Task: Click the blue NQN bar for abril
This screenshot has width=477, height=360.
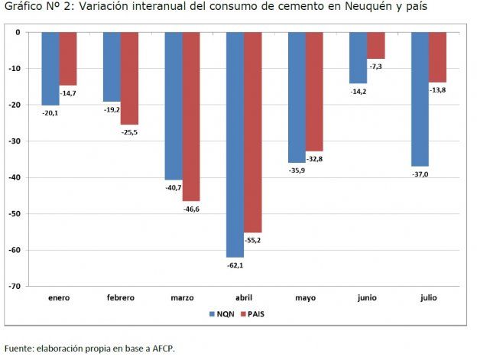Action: coord(235,144)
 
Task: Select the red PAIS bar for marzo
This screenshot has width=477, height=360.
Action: coord(191,116)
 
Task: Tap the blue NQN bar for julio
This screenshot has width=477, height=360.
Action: coord(420,99)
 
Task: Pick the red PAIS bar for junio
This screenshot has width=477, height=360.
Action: coord(376,45)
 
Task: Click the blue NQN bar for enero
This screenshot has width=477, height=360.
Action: coord(50,68)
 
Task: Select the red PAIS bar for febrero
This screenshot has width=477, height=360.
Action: coord(129,78)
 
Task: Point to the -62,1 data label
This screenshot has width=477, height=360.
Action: coord(235,265)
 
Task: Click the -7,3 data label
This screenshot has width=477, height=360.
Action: coord(375,67)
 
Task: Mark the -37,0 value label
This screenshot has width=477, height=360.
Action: coord(420,174)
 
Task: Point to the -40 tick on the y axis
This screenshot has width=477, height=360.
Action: coord(15,177)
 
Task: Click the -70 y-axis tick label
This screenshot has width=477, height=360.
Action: coord(15,287)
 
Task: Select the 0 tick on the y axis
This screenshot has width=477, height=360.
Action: coord(18,32)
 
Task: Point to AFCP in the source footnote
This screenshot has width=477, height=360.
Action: coord(162,349)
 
